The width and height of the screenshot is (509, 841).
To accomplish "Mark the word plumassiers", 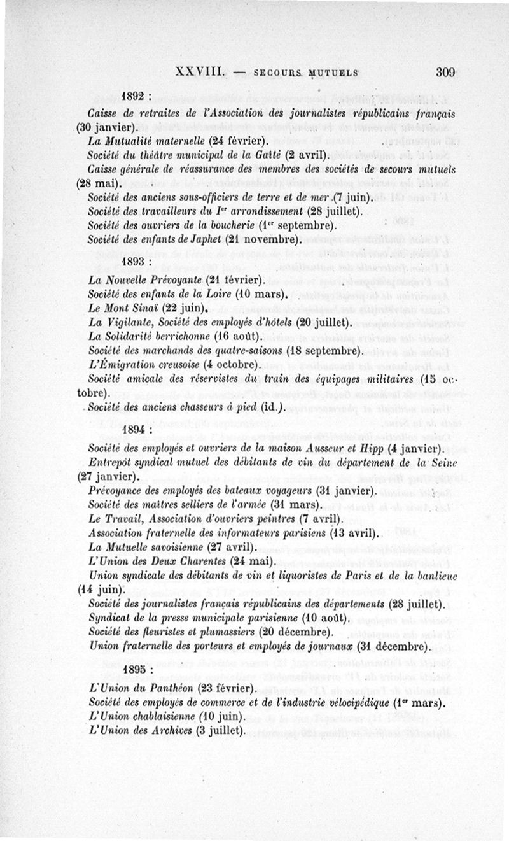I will click(x=216, y=632).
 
